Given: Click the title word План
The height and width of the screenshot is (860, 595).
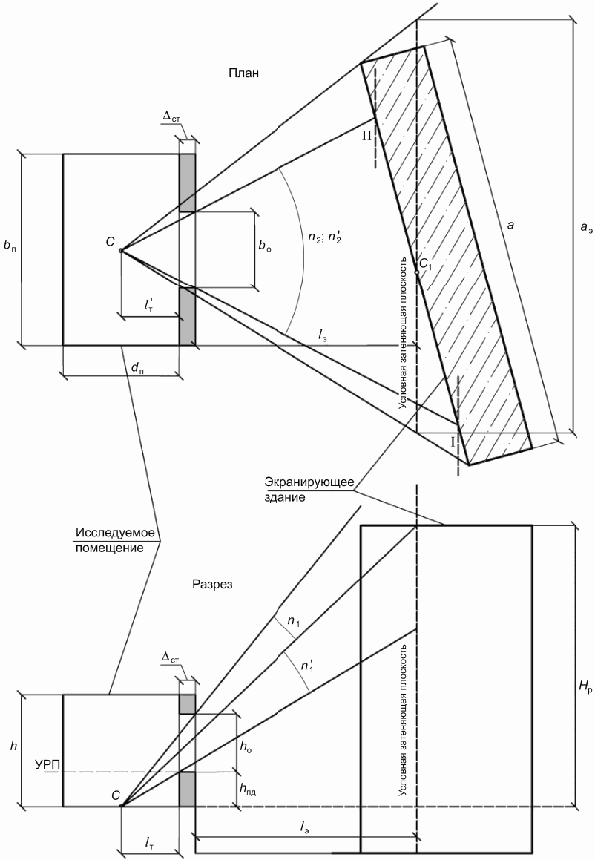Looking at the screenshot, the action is click(243, 73).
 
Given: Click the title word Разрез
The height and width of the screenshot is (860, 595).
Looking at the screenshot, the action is click(212, 584).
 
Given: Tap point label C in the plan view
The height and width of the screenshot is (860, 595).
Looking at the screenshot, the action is click(110, 242).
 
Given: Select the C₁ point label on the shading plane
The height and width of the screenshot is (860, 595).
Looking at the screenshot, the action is click(426, 264).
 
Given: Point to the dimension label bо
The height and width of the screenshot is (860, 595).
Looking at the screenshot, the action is click(266, 246).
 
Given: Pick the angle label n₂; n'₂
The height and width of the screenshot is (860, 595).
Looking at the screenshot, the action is click(325, 237).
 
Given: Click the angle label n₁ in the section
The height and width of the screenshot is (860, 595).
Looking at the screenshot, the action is click(294, 621).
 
